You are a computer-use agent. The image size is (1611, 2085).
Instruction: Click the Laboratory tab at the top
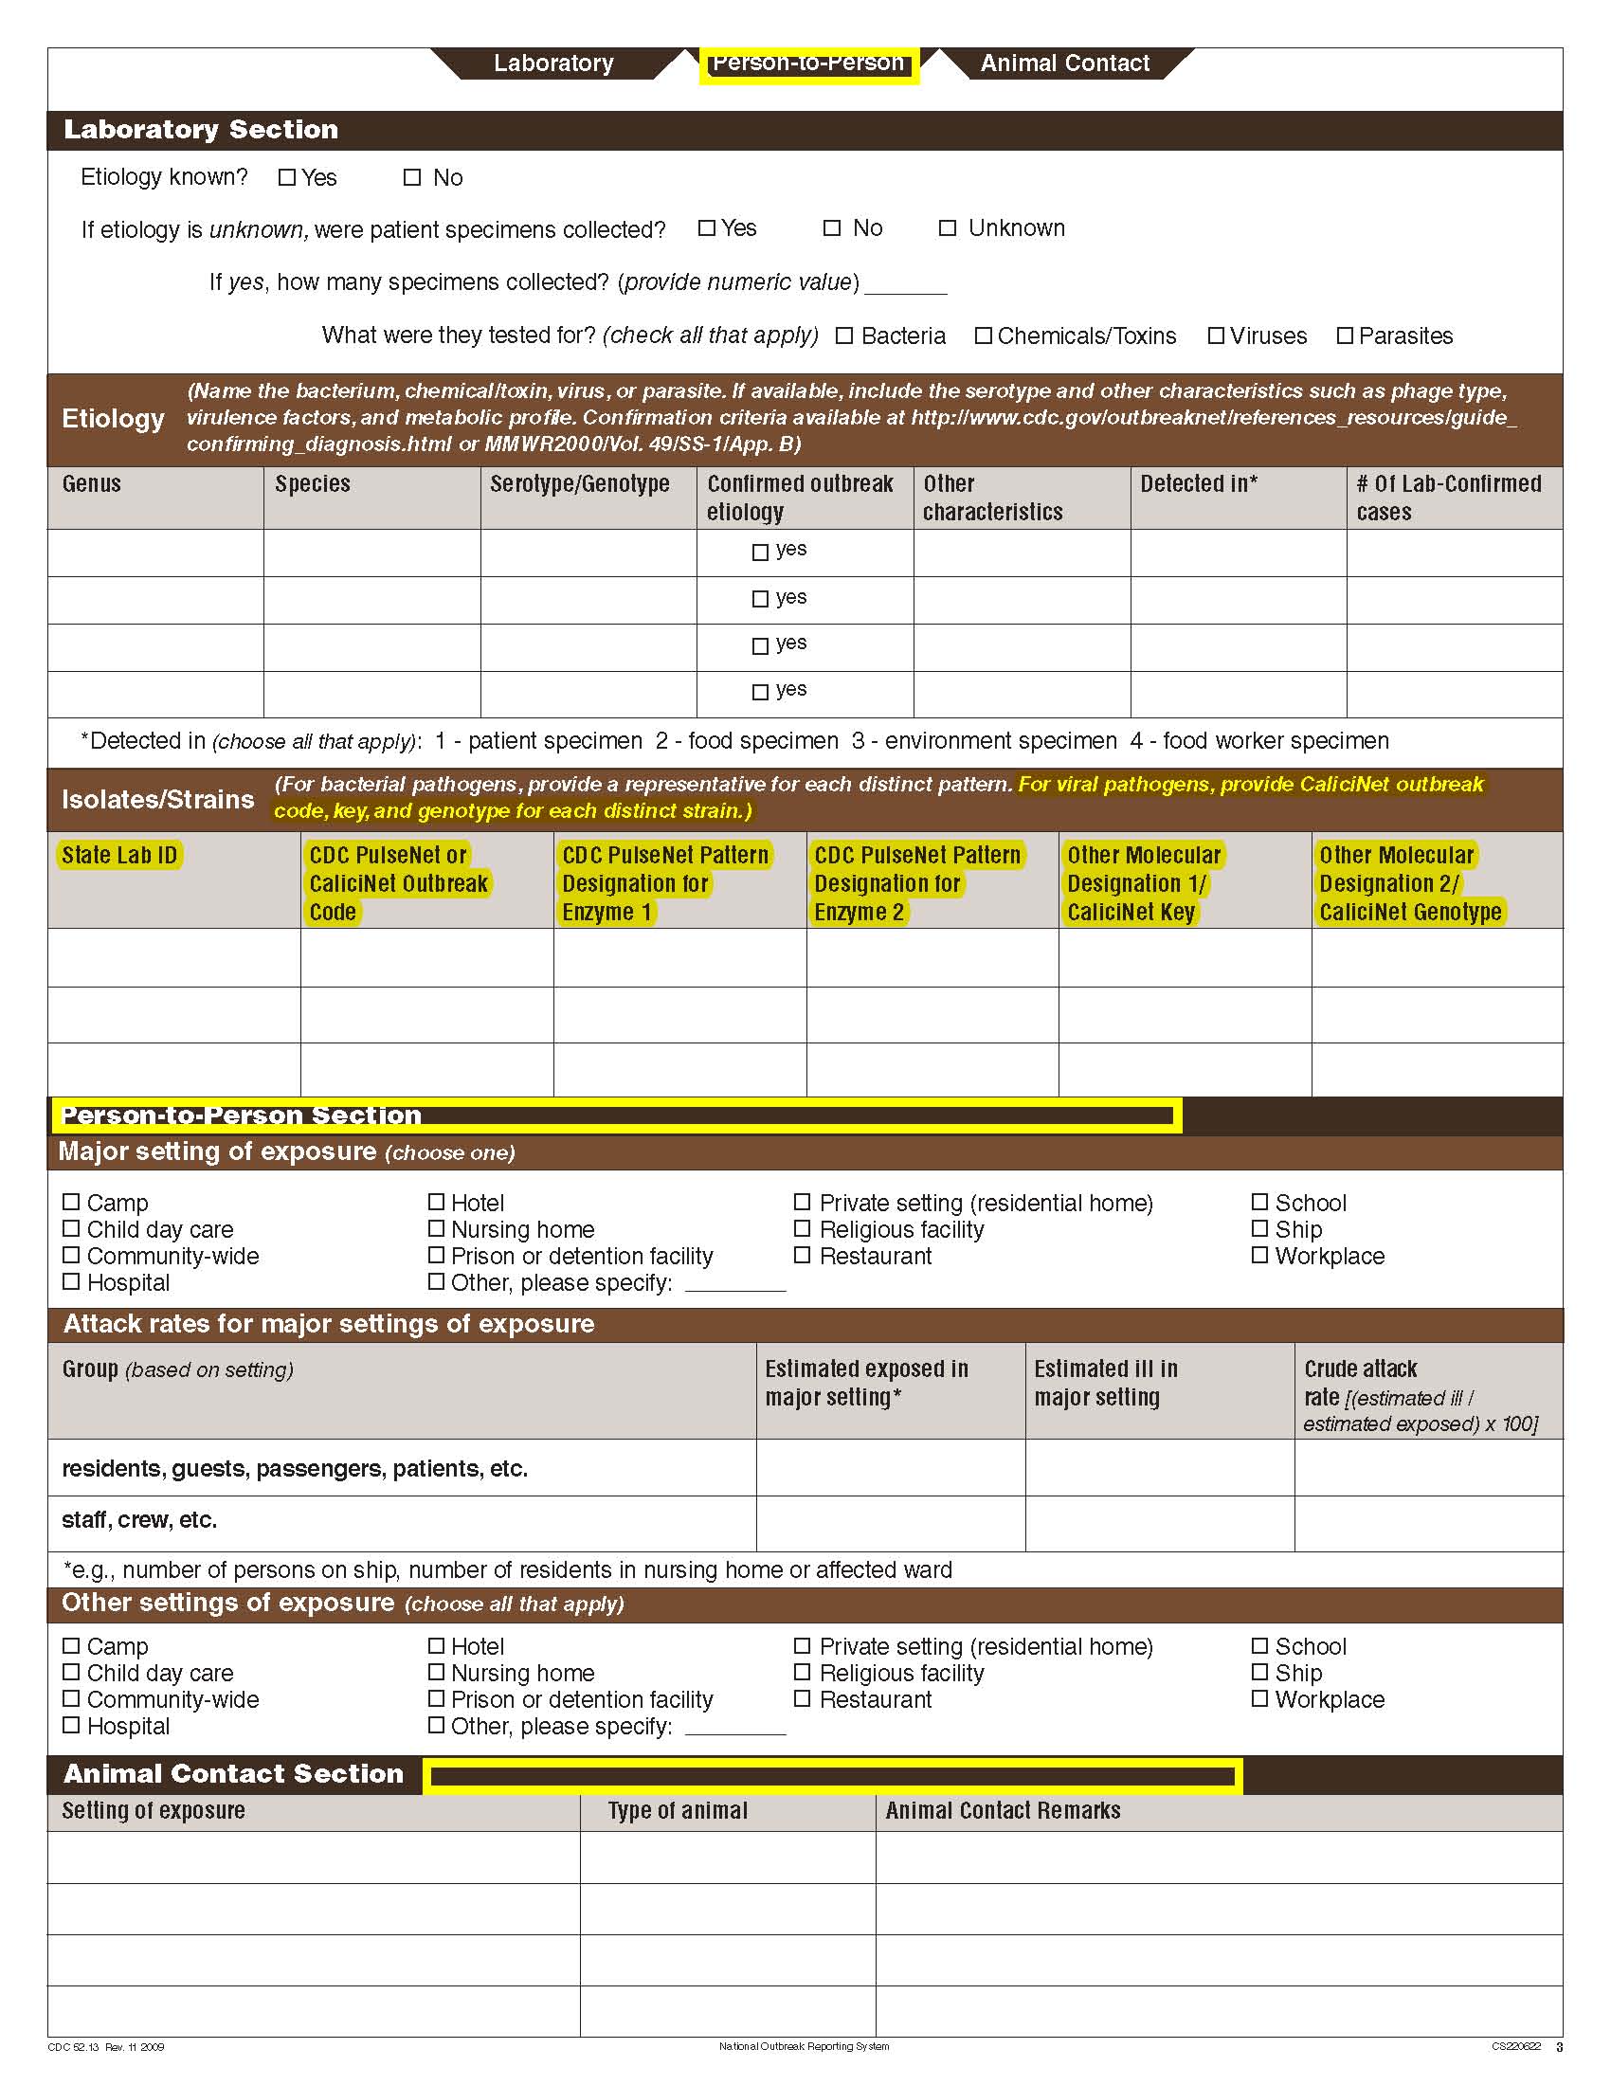tap(552, 63)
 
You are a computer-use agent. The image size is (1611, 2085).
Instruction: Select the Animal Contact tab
tap(1064, 63)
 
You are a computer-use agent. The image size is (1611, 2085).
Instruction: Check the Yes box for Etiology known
tap(286, 177)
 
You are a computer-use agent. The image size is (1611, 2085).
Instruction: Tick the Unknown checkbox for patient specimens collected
tap(947, 228)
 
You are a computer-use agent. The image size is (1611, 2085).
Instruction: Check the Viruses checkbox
tap(1216, 336)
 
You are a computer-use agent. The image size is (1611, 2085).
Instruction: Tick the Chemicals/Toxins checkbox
tap(983, 336)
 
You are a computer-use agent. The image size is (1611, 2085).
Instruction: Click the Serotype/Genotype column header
tap(579, 484)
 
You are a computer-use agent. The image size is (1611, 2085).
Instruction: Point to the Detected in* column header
tap(1198, 484)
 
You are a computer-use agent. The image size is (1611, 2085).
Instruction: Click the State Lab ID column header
tap(119, 856)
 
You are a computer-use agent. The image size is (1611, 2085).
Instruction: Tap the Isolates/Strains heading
tap(157, 799)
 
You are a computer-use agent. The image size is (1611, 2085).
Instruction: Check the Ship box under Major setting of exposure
tap(1259, 1228)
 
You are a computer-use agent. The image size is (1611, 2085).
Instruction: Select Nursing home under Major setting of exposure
tap(436, 1228)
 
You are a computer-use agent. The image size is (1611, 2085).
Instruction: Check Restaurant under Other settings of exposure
tap(803, 1699)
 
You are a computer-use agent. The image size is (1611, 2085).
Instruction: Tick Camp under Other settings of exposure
tap(71, 1646)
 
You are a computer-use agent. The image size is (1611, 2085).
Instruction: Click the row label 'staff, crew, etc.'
tap(139, 1520)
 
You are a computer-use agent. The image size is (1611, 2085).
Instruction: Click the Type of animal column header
tap(678, 1811)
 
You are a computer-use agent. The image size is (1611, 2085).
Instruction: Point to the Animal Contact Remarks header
tap(1002, 1811)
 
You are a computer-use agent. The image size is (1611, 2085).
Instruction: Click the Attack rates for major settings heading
tap(328, 1324)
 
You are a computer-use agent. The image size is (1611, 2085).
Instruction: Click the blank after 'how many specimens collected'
tap(905, 284)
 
